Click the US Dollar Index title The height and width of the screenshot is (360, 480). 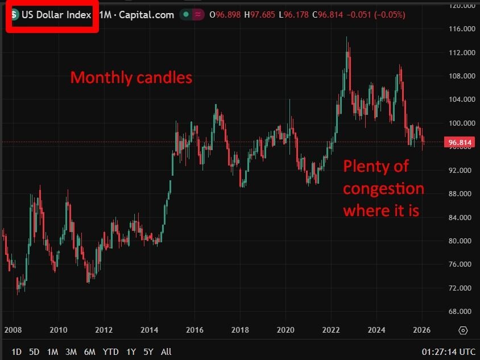click(56, 15)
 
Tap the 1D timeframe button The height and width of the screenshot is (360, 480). click(16, 352)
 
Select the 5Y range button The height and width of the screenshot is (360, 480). click(148, 352)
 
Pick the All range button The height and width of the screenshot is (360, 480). click(166, 352)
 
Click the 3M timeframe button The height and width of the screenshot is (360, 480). click(71, 352)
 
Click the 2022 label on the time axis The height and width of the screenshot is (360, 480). click(331, 330)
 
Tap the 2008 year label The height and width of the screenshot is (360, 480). click(13, 330)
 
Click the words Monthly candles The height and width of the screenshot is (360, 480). click(131, 77)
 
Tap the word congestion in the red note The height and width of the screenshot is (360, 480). click(383, 189)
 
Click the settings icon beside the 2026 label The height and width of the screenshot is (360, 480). click(463, 330)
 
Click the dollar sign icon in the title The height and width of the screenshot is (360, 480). click(15, 15)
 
